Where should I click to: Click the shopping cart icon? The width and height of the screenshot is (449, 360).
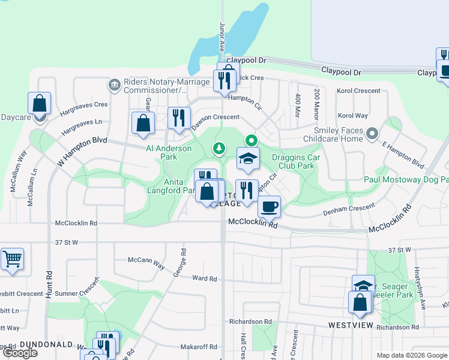click(12, 260)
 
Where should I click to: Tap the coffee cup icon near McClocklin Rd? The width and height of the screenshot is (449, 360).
click(270, 206)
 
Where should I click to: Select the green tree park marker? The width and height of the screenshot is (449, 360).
click(220, 147)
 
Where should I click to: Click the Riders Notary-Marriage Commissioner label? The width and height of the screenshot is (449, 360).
click(152, 86)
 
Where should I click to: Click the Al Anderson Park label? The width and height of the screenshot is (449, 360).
click(169, 152)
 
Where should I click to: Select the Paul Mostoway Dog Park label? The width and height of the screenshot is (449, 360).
click(406, 179)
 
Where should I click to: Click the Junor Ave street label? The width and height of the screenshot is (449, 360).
click(222, 37)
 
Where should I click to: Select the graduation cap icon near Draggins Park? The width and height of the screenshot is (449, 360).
click(247, 159)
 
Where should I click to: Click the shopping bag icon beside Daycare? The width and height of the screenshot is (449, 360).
click(39, 103)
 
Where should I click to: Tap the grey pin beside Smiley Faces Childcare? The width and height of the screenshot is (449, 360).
click(372, 133)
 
